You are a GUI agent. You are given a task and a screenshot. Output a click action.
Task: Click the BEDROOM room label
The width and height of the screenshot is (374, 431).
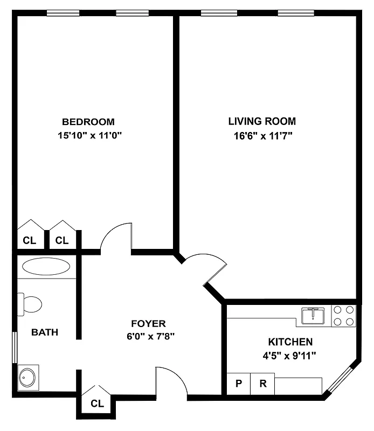pos(88,122)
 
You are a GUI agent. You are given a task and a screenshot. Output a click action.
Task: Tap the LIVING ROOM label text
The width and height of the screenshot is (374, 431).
pos(261,121)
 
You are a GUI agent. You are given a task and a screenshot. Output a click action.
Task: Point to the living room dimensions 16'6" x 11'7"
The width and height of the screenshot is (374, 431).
pos(262,136)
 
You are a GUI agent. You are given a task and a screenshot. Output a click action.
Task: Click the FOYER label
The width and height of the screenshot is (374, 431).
pos(148,323)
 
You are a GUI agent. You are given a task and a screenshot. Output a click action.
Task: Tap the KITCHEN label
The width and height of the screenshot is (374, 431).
pos(290,342)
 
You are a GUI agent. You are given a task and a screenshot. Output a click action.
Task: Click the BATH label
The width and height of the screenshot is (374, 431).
pos(44,332)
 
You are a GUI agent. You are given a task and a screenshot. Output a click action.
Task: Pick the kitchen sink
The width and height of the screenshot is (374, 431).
pos(313,316)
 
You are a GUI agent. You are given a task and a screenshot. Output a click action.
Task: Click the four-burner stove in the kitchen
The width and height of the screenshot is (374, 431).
pos(343,316)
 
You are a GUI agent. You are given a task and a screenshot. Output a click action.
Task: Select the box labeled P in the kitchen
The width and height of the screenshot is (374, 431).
pos(238,384)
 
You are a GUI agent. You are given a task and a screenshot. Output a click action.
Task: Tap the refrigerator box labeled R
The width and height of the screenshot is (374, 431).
pos(262,384)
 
